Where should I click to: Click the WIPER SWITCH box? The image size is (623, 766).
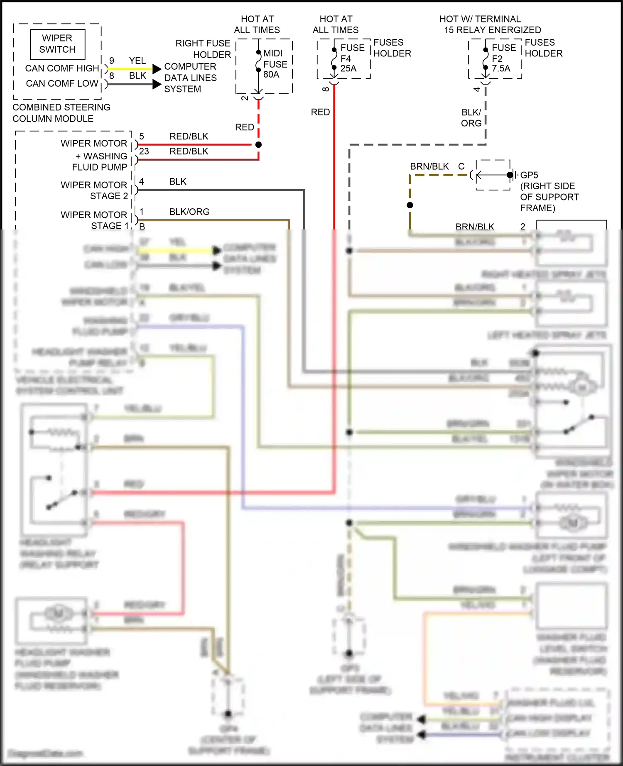pyautogui.click(x=57, y=44)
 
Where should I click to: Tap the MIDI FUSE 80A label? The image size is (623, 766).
pyautogui.click(x=275, y=64)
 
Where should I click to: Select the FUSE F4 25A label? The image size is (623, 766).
pyautogui.click(x=352, y=58)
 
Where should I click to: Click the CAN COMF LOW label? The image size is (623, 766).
pyautogui.click(x=62, y=83)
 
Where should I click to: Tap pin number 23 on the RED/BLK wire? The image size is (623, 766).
pyautogui.click(x=144, y=151)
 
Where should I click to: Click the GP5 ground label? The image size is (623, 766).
pyautogui.click(x=529, y=175)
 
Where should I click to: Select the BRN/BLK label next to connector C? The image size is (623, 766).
pyautogui.click(x=429, y=166)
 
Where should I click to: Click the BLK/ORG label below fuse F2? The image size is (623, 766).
pyautogui.click(x=471, y=118)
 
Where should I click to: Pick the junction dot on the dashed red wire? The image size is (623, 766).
pyautogui.click(x=258, y=145)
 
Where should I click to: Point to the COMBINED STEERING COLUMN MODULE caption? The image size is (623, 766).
pyautogui.click(x=61, y=113)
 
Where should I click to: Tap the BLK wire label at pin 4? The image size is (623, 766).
pyautogui.click(x=178, y=182)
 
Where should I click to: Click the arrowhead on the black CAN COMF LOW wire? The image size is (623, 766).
pyautogui.click(x=157, y=85)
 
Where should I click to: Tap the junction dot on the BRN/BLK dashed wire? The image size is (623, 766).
pyautogui.click(x=410, y=205)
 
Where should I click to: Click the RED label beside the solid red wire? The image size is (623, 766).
pyautogui.click(x=320, y=112)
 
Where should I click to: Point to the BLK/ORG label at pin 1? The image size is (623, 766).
pyautogui.click(x=189, y=212)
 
